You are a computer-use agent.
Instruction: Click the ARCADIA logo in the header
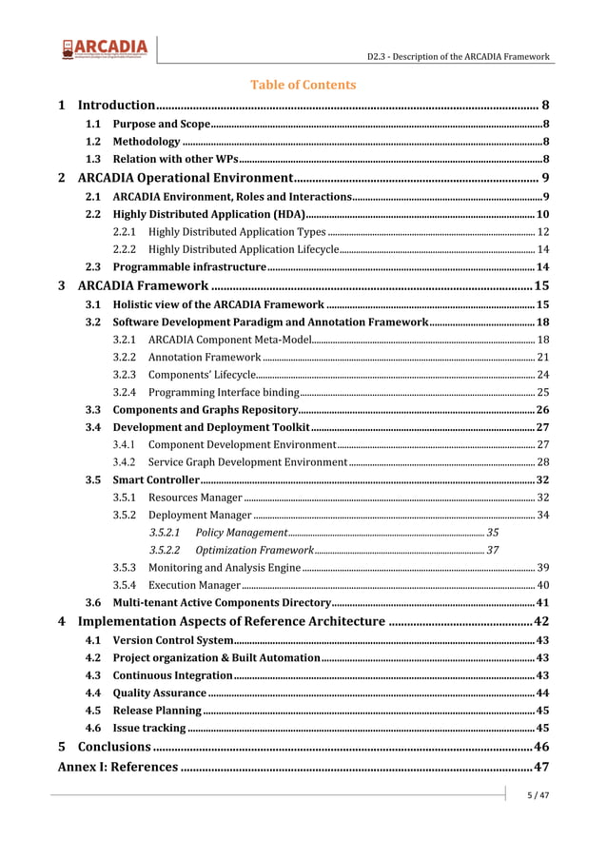tap(105, 49)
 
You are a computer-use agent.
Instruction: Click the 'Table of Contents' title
tap(303, 85)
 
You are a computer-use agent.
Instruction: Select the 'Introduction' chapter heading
tap(116, 105)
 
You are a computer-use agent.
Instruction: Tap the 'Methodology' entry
tap(147, 142)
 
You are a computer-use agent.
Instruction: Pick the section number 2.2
tap(93, 214)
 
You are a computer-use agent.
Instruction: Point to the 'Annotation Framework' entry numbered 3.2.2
tap(205, 357)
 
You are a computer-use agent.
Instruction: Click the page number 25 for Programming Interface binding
tap(542, 392)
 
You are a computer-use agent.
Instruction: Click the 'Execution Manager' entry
tap(194, 585)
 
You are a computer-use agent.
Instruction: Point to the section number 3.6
tap(93, 603)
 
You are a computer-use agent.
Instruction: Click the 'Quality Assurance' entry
tap(159, 693)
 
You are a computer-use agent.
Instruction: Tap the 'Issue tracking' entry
tap(149, 728)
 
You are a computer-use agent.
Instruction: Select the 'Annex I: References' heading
tap(117, 767)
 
